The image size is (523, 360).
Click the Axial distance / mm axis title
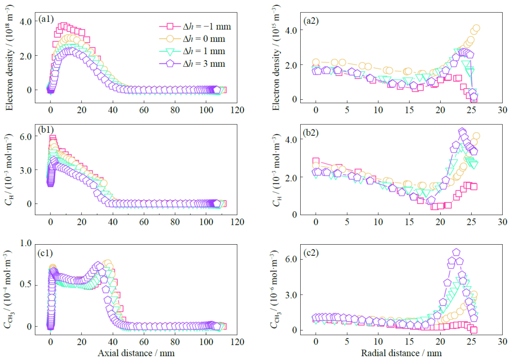(136, 353)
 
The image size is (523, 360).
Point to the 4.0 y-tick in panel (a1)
(25, 21)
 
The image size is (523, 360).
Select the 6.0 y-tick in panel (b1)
(25, 137)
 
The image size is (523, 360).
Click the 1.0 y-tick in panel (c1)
(25, 243)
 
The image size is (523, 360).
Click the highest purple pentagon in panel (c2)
(456, 252)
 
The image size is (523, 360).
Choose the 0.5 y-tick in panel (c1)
(25, 284)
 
